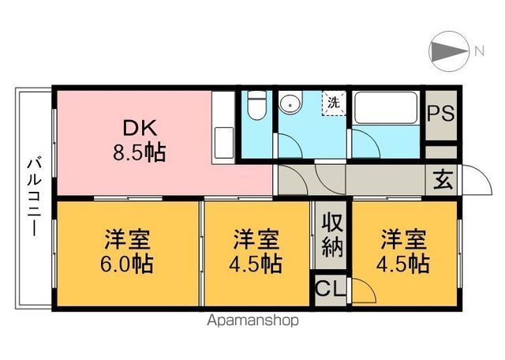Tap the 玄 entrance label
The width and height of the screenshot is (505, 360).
pyautogui.click(x=440, y=180)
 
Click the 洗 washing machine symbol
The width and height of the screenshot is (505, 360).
pyautogui.click(x=334, y=102)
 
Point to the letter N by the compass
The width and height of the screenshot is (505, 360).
pyautogui.click(x=478, y=52)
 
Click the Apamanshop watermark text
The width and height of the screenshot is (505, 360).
pyautogui.click(x=252, y=321)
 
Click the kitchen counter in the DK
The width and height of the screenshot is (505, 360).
pyautogui.click(x=224, y=126)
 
